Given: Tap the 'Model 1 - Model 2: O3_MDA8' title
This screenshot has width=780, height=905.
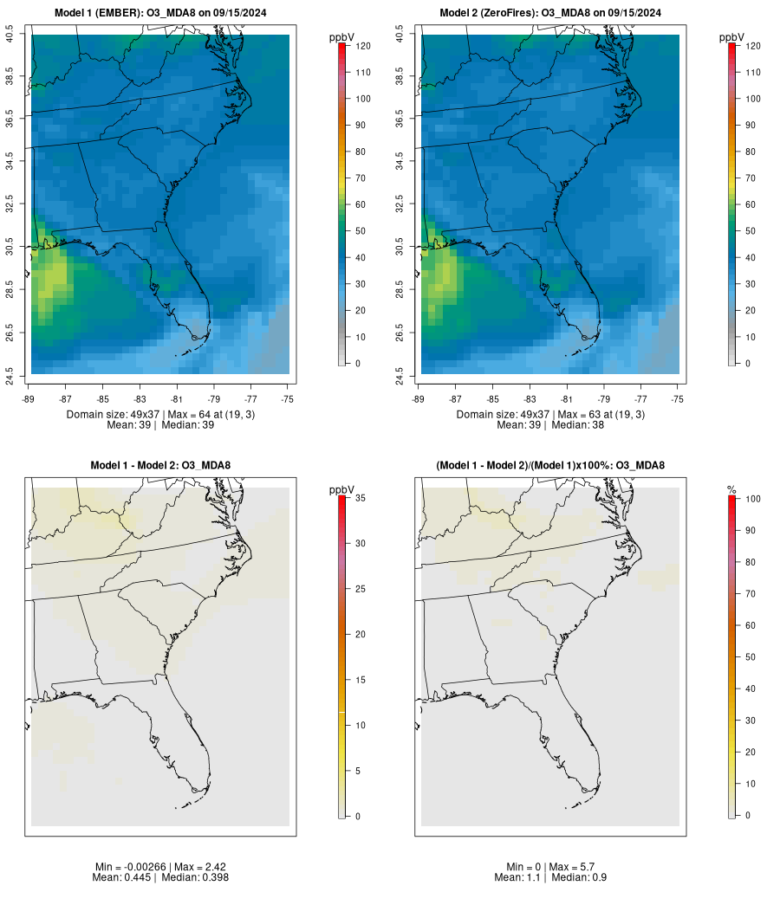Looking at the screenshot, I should (x=160, y=466).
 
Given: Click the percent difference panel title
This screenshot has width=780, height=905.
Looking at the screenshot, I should (x=550, y=466).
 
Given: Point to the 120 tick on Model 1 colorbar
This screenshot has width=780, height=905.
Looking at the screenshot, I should (x=362, y=46).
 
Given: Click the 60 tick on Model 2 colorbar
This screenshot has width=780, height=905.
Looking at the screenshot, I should (x=751, y=204).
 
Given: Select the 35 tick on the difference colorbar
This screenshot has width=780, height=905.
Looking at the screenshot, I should (x=361, y=498).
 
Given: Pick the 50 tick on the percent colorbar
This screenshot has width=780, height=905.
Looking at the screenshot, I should (x=751, y=657).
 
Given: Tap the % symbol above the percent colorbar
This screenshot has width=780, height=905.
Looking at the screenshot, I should (x=732, y=490).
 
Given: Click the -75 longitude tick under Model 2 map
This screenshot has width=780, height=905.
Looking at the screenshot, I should (x=678, y=399).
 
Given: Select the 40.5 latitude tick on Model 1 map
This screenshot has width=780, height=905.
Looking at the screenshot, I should (x=10, y=35).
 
